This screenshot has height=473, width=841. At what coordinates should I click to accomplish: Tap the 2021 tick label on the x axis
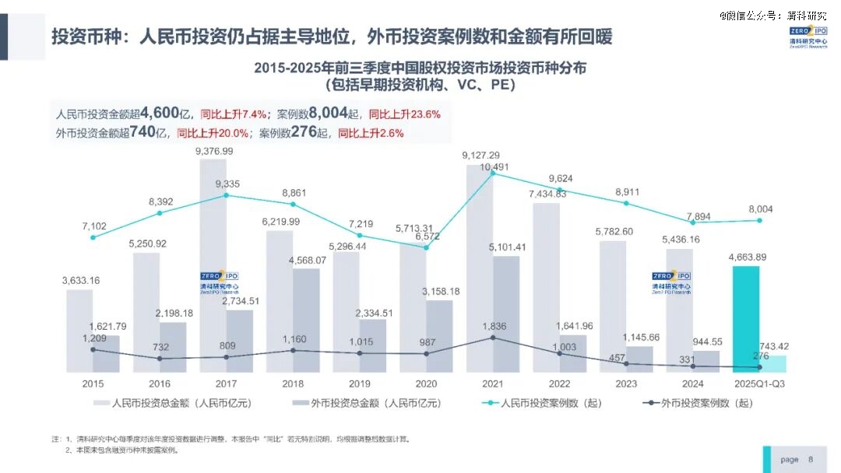[x=492, y=384]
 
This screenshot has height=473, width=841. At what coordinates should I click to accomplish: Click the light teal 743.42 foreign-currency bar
[x=773, y=364]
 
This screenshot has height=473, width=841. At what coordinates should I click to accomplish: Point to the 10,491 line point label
[x=494, y=166]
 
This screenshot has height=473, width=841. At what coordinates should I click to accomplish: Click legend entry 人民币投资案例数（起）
[x=544, y=403]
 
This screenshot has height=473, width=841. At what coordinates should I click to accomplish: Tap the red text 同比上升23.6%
[x=404, y=114]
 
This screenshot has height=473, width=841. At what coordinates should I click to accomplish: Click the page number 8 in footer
[x=811, y=459]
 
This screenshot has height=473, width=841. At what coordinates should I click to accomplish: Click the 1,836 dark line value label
[x=494, y=326]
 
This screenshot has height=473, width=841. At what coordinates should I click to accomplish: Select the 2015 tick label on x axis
[x=93, y=384]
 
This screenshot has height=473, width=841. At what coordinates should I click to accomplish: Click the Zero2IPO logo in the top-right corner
[x=808, y=38]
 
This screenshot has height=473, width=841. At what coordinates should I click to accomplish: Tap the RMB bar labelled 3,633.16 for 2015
[x=79, y=331]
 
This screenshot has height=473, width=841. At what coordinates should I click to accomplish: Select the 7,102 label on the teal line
[x=93, y=226]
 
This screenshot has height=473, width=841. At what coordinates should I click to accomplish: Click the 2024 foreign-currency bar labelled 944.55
[x=706, y=361]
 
